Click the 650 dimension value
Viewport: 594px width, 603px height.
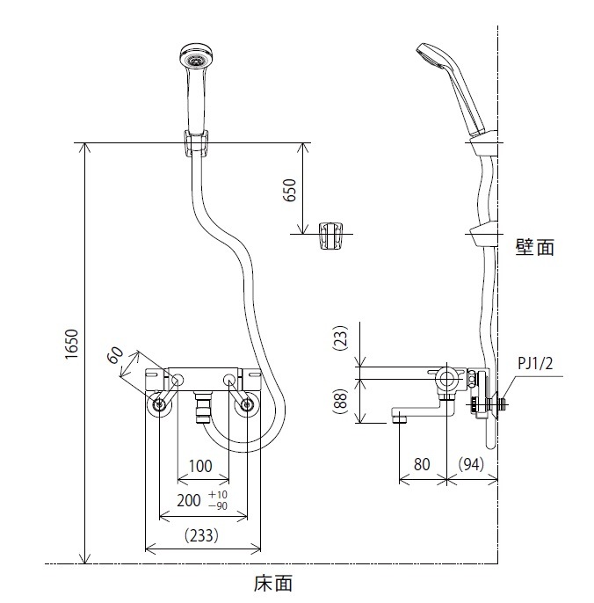(x=291, y=192)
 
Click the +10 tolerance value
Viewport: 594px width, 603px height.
(x=219, y=495)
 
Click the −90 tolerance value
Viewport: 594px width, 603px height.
(x=218, y=506)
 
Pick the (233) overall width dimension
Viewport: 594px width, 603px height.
(x=202, y=534)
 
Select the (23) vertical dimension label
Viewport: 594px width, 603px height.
(x=342, y=339)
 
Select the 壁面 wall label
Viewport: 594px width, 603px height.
(x=534, y=248)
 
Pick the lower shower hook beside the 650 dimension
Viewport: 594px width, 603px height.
(x=330, y=234)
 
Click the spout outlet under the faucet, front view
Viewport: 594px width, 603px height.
(x=203, y=408)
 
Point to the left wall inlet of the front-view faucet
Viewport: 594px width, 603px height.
(x=158, y=405)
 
